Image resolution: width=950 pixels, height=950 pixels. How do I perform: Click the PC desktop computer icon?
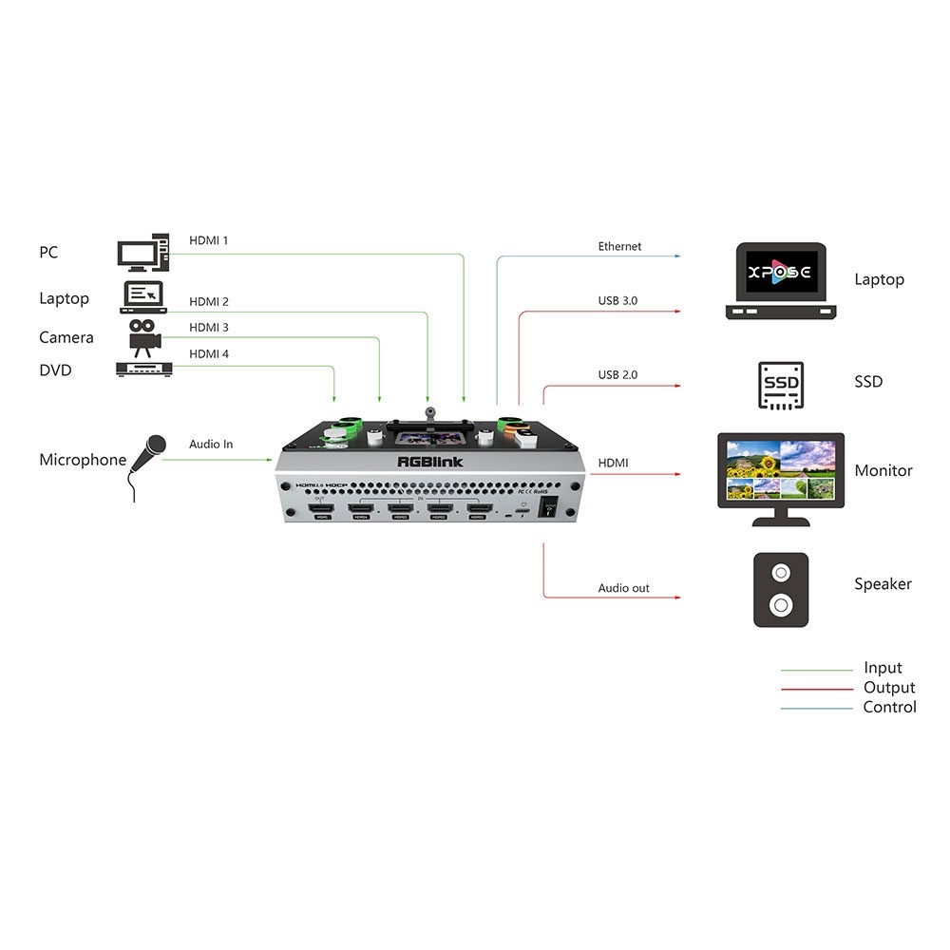click(143, 253)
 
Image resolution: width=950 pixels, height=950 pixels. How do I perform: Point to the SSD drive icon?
click(781, 385)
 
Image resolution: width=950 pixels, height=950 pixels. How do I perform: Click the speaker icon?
click(781, 589)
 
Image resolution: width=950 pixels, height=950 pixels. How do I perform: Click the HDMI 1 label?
click(208, 240)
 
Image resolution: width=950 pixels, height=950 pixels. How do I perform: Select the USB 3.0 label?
click(617, 301)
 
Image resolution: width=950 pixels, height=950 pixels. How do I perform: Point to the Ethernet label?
click(619, 246)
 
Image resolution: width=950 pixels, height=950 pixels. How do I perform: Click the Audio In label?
click(210, 444)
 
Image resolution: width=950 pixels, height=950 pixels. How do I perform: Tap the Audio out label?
click(623, 588)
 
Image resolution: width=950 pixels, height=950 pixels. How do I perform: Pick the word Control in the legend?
click(889, 707)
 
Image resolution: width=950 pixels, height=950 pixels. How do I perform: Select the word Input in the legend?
click(883, 668)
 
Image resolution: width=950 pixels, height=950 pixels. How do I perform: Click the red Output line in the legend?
click(817, 689)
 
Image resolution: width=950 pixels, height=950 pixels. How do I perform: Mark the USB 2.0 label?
click(617, 375)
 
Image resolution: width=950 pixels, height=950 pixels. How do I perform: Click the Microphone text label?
click(83, 460)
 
